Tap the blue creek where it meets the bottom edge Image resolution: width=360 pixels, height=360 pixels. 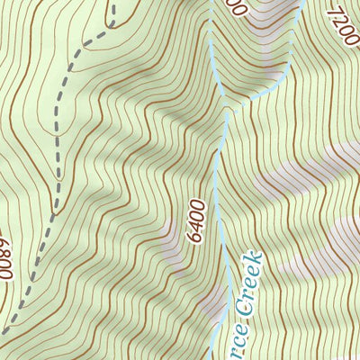tap(213, 357)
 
